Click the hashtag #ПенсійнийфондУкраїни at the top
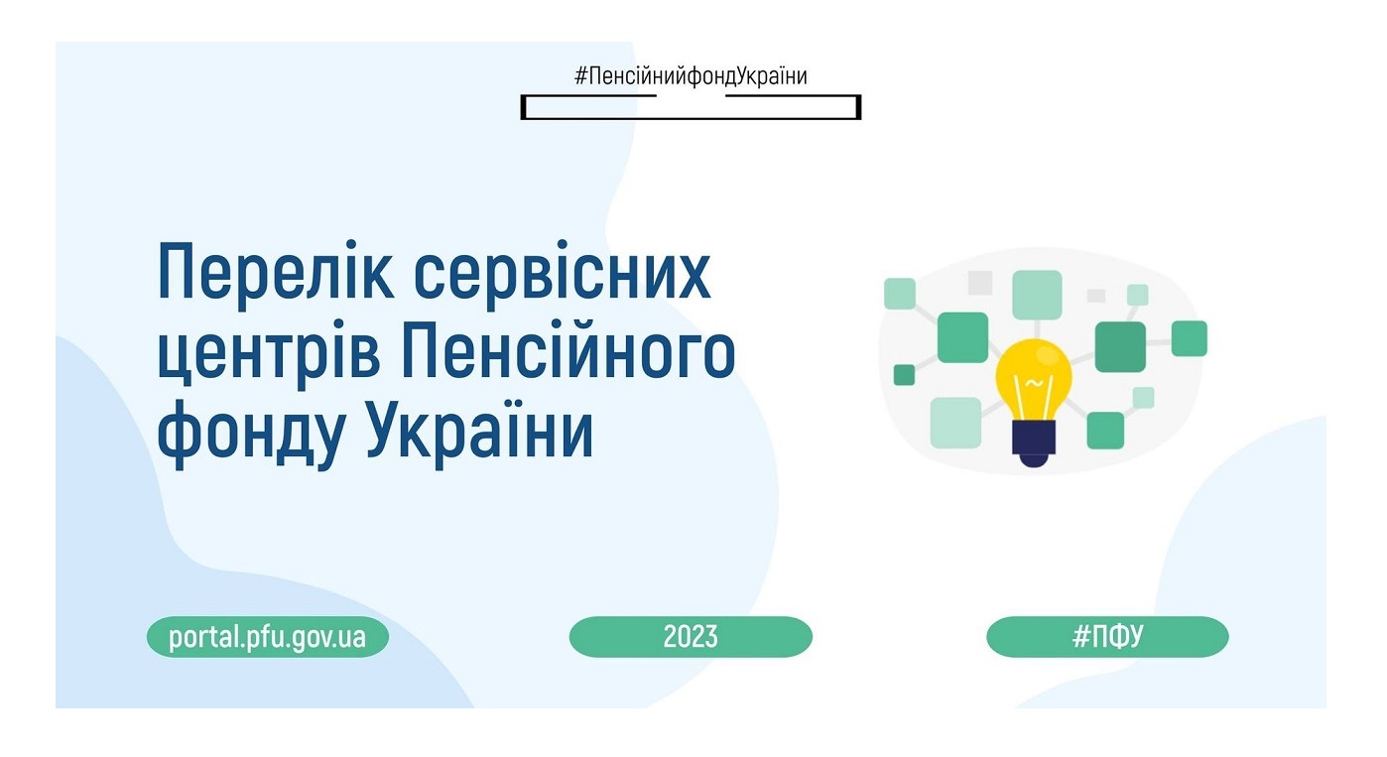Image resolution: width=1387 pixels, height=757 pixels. coord(691,76)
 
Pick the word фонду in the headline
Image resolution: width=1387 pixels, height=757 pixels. coord(251,433)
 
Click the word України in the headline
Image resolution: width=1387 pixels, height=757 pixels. coord(480,429)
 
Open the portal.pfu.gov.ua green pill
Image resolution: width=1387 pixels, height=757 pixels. coord(268,636)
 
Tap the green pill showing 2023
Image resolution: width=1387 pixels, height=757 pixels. coord(691,636)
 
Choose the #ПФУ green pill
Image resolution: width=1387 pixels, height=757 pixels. coord(1108,636)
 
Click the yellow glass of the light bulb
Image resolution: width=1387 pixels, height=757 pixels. coord(1034,375)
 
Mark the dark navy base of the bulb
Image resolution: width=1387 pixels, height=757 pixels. coord(1034,443)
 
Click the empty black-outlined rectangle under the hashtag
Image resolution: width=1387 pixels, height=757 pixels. coord(691,118)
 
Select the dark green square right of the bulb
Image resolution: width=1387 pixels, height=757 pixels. coord(1120,347)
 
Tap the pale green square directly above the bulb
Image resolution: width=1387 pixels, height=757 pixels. coord(1037,295)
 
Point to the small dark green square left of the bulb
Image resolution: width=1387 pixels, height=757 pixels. coord(904,375)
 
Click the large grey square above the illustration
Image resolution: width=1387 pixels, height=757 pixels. coord(980,283)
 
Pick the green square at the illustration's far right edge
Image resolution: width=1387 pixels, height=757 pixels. coord(1190,338)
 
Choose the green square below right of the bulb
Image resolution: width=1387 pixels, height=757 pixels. coord(1105,431)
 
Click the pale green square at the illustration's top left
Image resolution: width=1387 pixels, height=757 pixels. coord(900,294)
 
